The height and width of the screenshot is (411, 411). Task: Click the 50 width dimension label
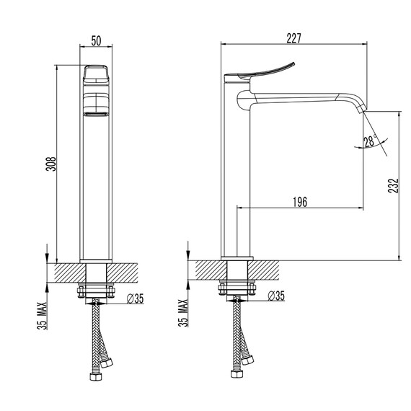click(x=96, y=40)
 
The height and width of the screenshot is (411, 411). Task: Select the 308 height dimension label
click(x=51, y=164)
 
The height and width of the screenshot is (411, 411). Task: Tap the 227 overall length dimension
click(x=294, y=38)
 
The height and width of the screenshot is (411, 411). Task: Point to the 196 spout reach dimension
click(x=300, y=202)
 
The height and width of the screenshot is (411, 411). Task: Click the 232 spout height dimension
click(x=393, y=185)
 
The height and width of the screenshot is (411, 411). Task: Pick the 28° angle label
click(x=371, y=141)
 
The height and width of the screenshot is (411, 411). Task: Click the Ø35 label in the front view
click(x=136, y=299)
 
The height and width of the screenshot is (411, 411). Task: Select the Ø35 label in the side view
click(x=276, y=296)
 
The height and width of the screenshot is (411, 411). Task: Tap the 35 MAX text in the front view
click(x=43, y=316)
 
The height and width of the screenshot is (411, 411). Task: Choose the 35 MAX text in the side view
click(x=183, y=313)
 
